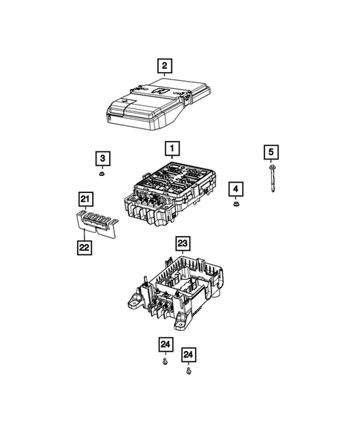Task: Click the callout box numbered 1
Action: tap(171, 150)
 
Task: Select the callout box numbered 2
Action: tap(164, 65)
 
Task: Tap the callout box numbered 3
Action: tap(102, 158)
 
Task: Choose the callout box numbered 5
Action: tap(272, 153)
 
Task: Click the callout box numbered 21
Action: tap(86, 199)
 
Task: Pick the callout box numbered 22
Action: tap(86, 246)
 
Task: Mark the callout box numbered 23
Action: tap(183, 243)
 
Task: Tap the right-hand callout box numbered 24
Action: tap(190, 353)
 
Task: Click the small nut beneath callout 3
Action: tap(102, 175)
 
